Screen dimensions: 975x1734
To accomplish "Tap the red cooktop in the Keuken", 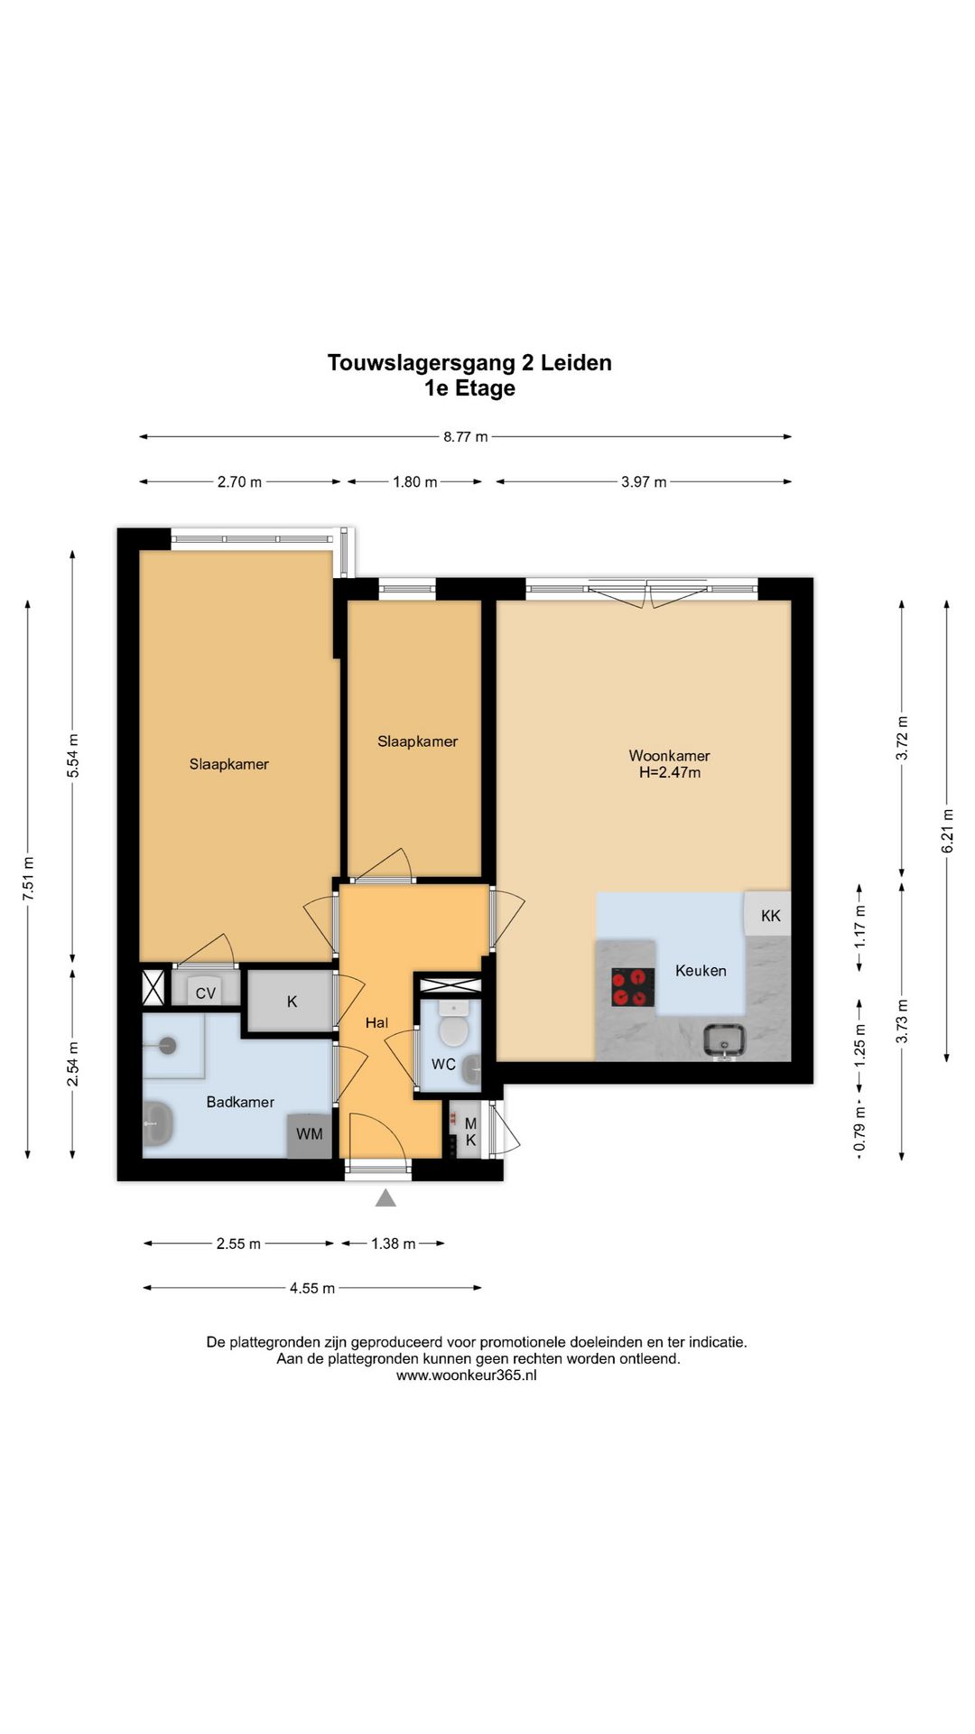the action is pos(633,987).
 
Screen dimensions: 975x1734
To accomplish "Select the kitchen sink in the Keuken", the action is pos(724,1040).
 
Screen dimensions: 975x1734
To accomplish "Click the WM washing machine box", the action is pos(310,1134).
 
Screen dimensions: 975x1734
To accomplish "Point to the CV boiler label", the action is pos(206,993).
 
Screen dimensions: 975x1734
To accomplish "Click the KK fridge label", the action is pos(771,916).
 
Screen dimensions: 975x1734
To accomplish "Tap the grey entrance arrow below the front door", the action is pos(385,1198).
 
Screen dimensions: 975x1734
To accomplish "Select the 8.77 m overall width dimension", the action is pos(465,436).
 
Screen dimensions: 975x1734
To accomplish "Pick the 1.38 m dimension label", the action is pos(394,1244).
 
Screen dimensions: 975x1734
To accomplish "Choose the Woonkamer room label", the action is pos(669,755).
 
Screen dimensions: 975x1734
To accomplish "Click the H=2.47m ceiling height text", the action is pos(669,772).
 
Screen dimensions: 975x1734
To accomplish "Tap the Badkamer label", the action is pos(240,1102).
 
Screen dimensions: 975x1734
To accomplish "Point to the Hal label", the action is pos(376,1022).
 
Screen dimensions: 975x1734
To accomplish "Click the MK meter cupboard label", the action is pos(470,1133).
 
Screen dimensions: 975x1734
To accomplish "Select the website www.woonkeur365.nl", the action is pos(466,1375).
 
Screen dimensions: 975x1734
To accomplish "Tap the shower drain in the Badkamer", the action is pos(166,1046).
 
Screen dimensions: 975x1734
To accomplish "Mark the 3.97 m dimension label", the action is pos(644,481).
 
